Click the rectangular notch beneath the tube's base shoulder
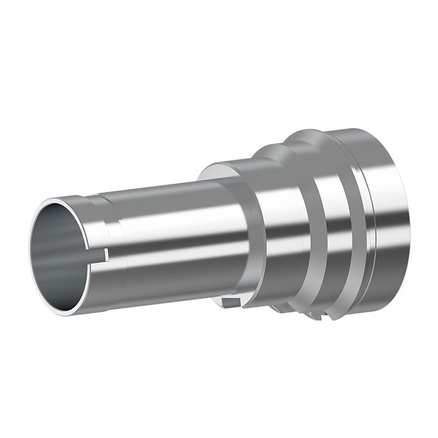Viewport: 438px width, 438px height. tap(230, 303)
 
